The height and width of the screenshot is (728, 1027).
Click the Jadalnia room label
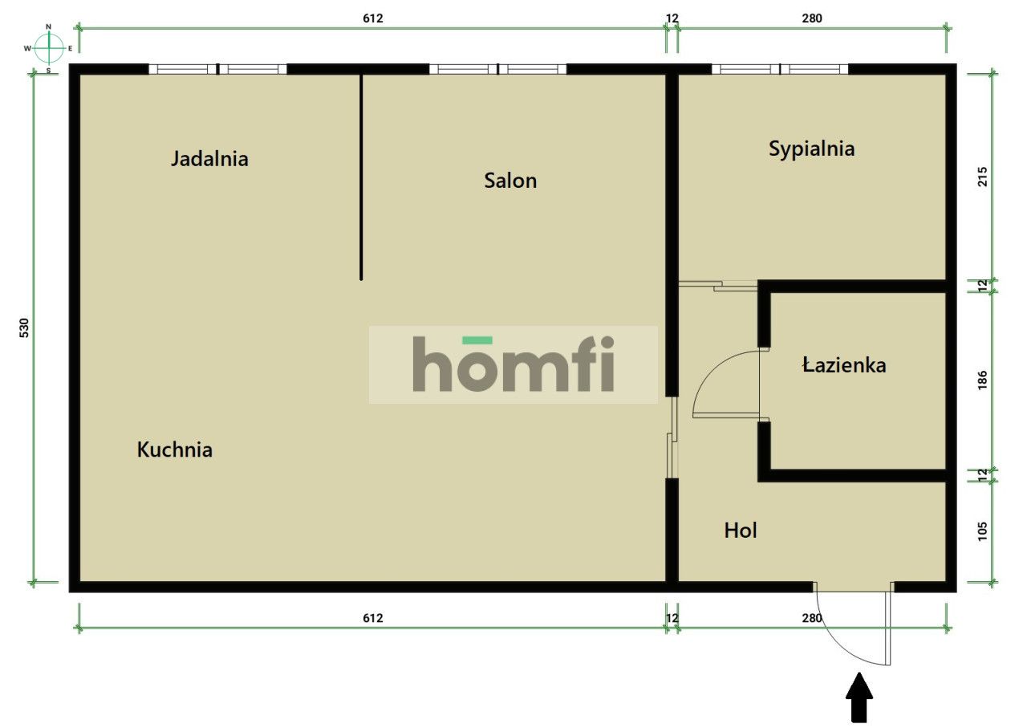209,159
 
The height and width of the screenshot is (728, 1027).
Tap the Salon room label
510,181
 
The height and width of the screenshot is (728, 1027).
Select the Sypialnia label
811,149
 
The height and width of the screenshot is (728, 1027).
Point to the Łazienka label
844,365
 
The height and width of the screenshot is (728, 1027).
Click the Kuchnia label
175,449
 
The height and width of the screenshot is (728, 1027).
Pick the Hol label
741,531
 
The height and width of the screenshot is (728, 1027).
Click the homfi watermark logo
513,364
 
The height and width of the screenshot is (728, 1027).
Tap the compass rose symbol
49,48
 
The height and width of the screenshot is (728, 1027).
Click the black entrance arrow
859,698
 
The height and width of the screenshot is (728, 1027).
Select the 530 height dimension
24,328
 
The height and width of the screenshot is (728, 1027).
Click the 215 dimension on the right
983,177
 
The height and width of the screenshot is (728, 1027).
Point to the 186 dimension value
983,380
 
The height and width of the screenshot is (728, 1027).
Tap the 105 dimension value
983,531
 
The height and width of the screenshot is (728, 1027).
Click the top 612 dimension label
373,18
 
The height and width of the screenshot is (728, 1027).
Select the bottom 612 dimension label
373,618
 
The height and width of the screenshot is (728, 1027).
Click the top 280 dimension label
812,18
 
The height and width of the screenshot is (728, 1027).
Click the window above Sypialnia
780,69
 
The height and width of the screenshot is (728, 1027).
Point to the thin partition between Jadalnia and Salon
361,177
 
